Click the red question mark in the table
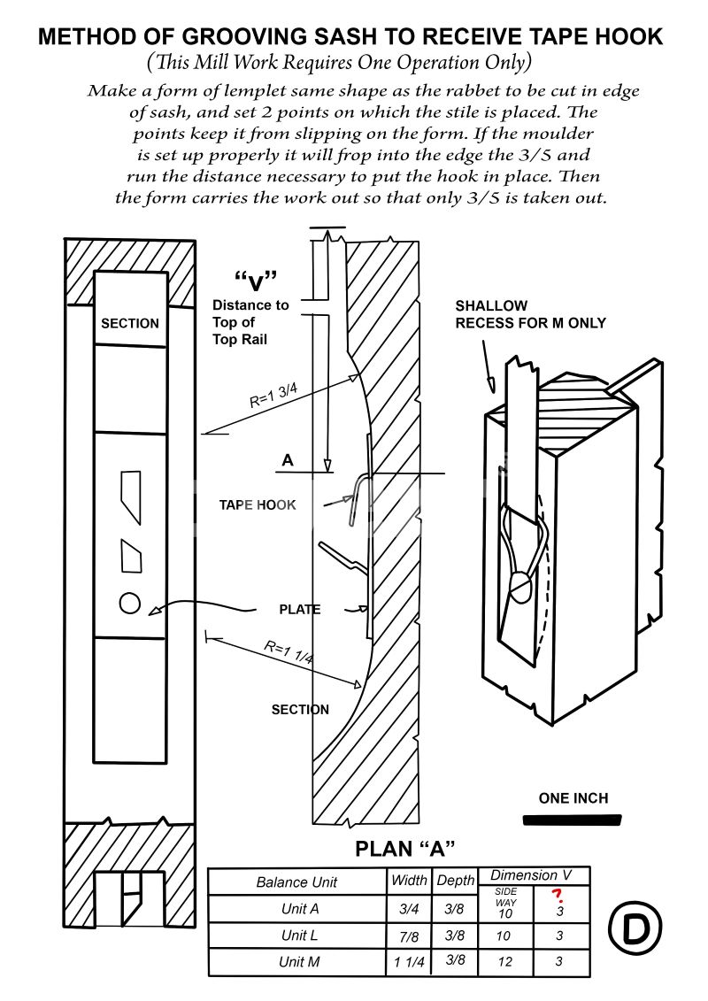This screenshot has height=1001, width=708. pos(558,895)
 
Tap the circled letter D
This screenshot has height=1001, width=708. pos(635,928)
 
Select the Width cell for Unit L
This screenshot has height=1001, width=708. pos(410,936)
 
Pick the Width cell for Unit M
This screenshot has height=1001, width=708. pos(410,962)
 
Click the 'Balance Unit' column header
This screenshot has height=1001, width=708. pos(296,882)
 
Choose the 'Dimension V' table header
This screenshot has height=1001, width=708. pos(531,874)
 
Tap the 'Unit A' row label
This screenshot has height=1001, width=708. pos(300,909)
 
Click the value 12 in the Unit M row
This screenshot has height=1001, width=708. pos(504,962)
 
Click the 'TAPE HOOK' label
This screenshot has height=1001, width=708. pos(258,505)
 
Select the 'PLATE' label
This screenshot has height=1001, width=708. pos(300,610)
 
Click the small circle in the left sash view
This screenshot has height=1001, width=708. pos(130,603)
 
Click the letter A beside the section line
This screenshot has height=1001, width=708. pos(287,460)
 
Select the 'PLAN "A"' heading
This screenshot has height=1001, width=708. pos(405,849)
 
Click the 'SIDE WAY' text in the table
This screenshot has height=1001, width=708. pos(505,897)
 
